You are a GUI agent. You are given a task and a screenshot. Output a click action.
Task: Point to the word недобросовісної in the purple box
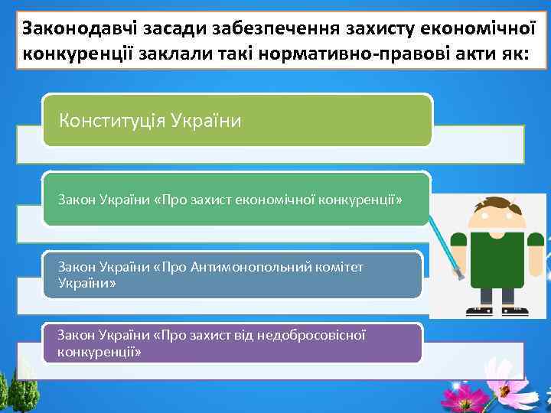coord(312,335)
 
